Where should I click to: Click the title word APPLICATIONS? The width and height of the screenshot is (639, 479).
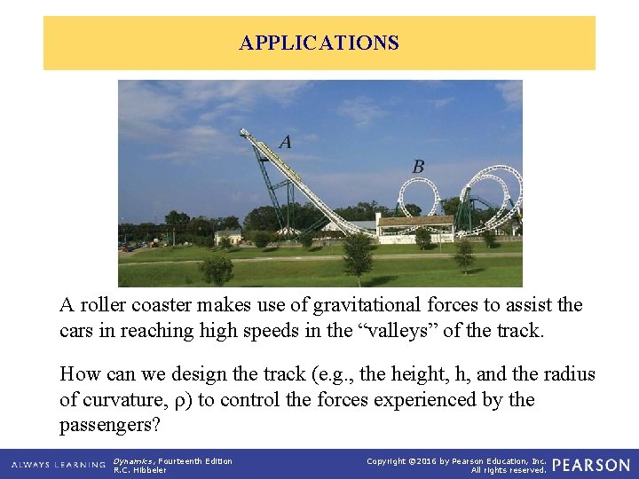coord(319,43)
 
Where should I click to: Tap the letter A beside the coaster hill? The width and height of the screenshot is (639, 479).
coord(285,141)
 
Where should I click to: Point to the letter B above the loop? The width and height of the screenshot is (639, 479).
coord(418,166)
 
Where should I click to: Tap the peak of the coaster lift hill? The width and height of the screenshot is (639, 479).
coord(244,133)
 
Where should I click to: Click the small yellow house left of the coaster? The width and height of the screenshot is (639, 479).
coord(228,237)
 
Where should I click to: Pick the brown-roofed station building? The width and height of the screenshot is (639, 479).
coord(414,227)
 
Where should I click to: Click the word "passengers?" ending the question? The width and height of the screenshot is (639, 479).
coord(110,425)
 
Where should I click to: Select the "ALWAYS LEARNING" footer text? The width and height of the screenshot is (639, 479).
coord(59,465)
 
